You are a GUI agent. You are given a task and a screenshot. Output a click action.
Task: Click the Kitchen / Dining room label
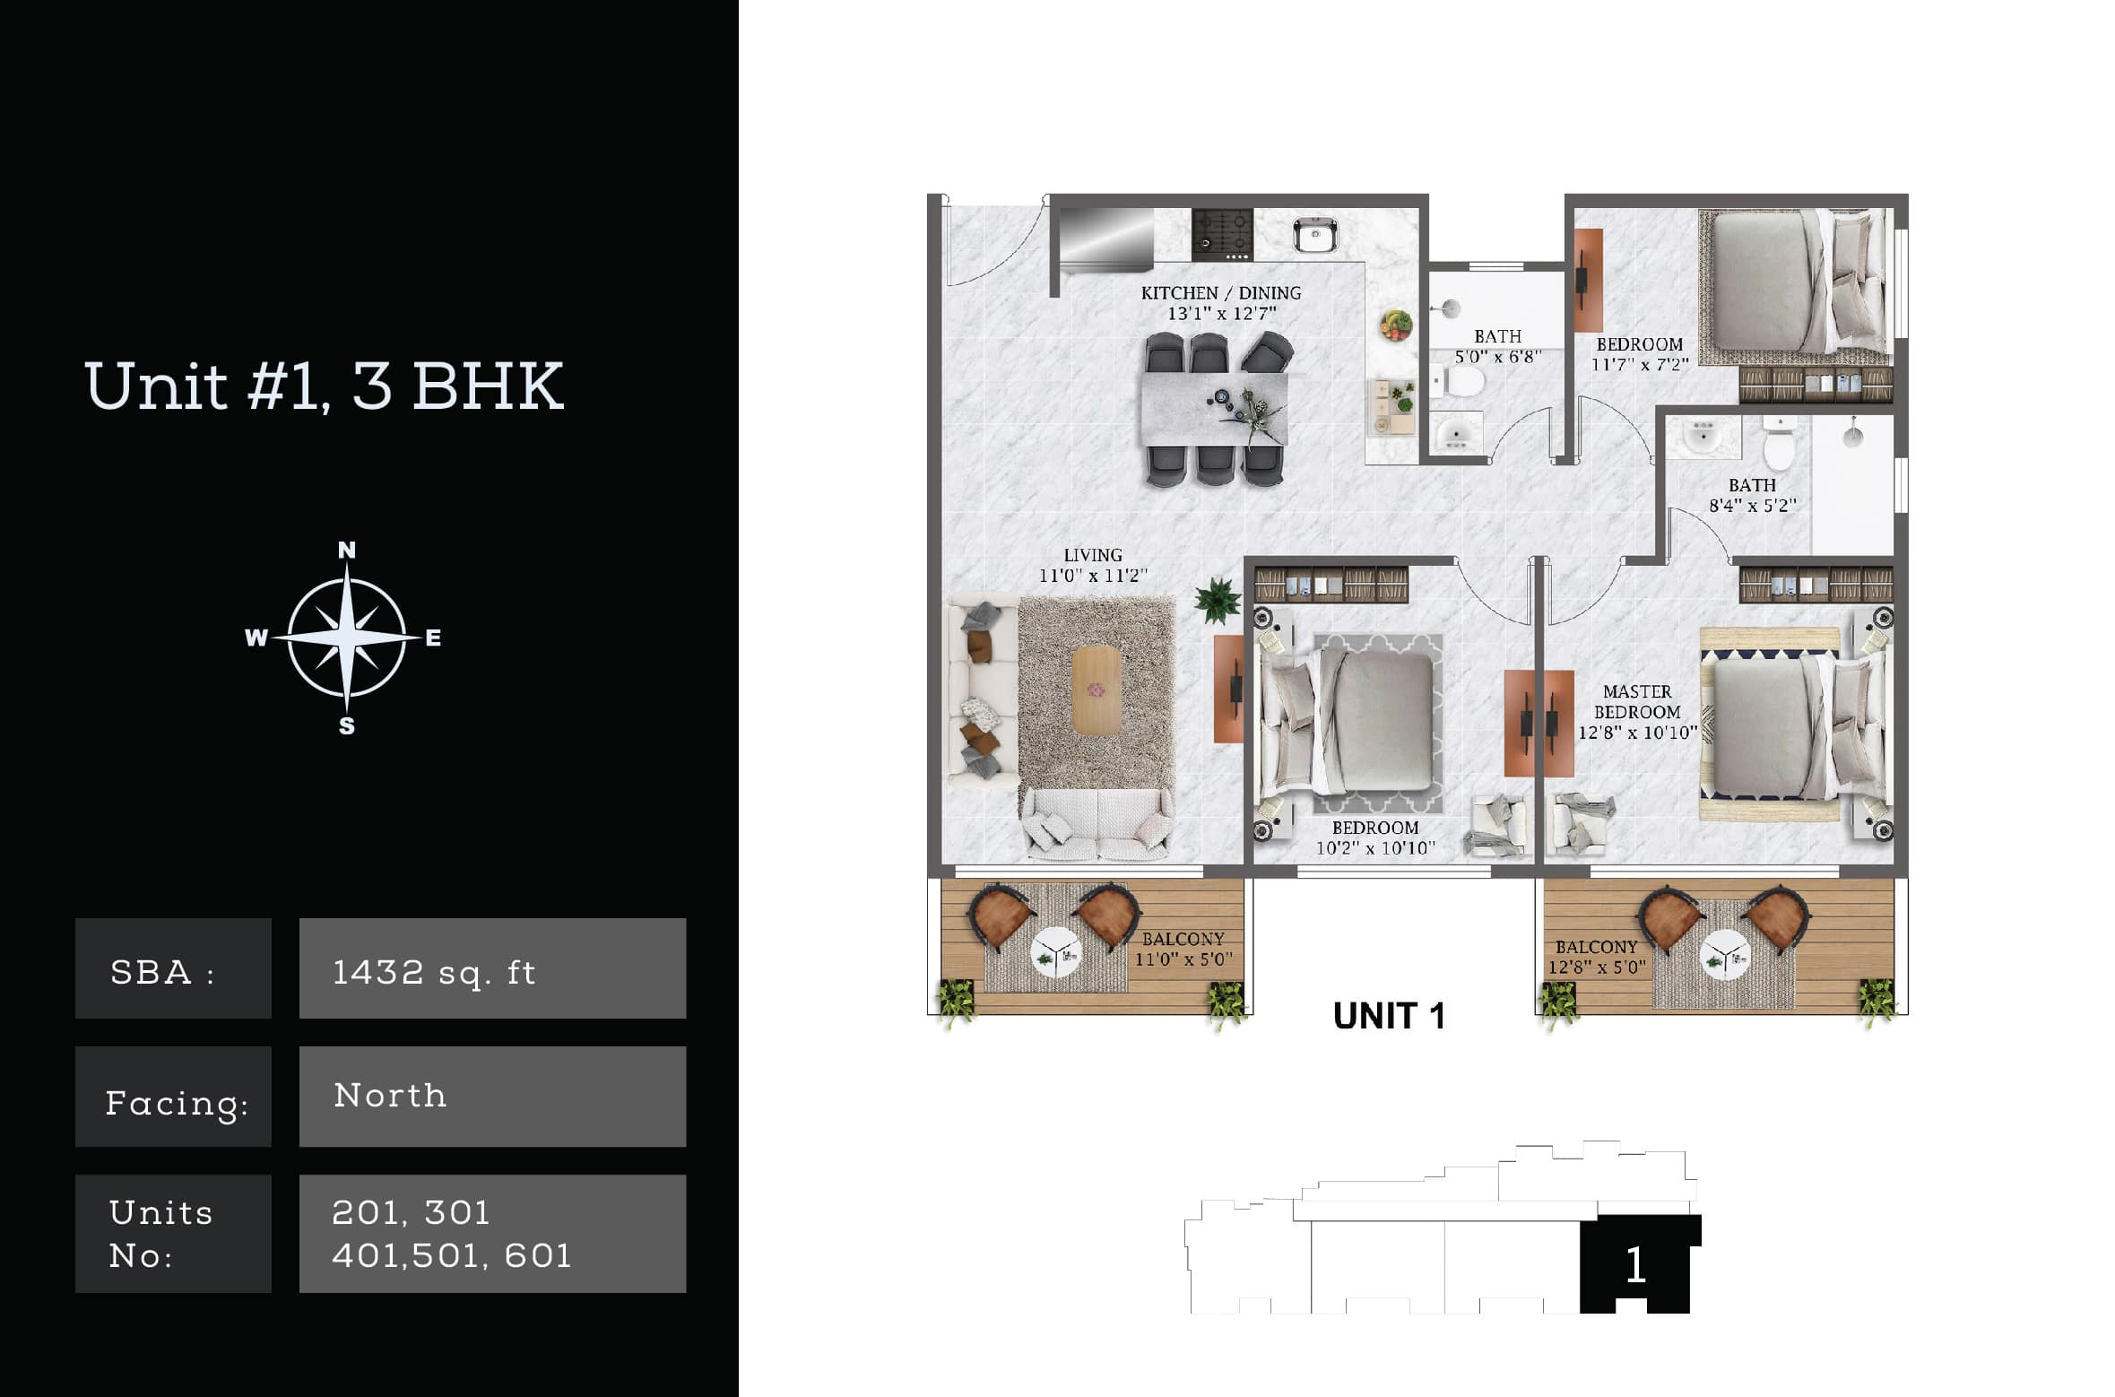pos(1220,303)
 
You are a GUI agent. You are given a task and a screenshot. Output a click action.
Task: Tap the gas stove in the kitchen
pos(1222,234)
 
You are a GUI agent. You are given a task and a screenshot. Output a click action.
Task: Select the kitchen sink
pos(1315,235)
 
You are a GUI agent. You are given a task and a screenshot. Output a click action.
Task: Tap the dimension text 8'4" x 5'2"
pos(1752,506)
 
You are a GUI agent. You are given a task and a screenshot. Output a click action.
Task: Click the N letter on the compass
pos(346,550)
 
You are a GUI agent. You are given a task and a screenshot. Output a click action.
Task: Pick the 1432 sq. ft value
pos(434,972)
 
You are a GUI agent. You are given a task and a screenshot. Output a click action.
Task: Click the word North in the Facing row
pos(390,1095)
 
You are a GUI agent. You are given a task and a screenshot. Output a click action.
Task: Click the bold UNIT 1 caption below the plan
pos(1389,1016)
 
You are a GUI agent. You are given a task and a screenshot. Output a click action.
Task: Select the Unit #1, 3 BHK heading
pos(325,386)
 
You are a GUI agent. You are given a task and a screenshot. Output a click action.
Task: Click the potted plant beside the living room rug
pos(1217,599)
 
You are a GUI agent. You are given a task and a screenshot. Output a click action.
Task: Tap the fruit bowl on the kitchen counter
pos(1395,324)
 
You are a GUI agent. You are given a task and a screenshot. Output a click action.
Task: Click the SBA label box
pos(173,968)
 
